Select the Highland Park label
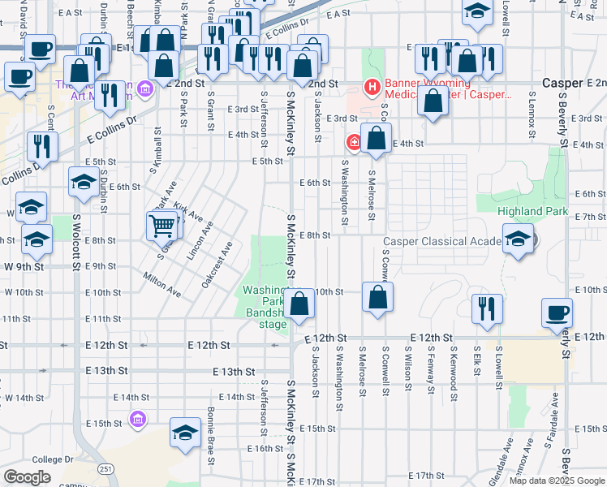[530, 211]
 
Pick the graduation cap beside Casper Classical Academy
[518, 240]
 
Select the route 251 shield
[107, 469]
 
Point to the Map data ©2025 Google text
[557, 480]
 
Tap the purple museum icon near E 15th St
[137, 420]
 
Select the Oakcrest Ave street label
[217, 265]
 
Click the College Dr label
[53, 459]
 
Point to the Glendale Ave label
[508, 457]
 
